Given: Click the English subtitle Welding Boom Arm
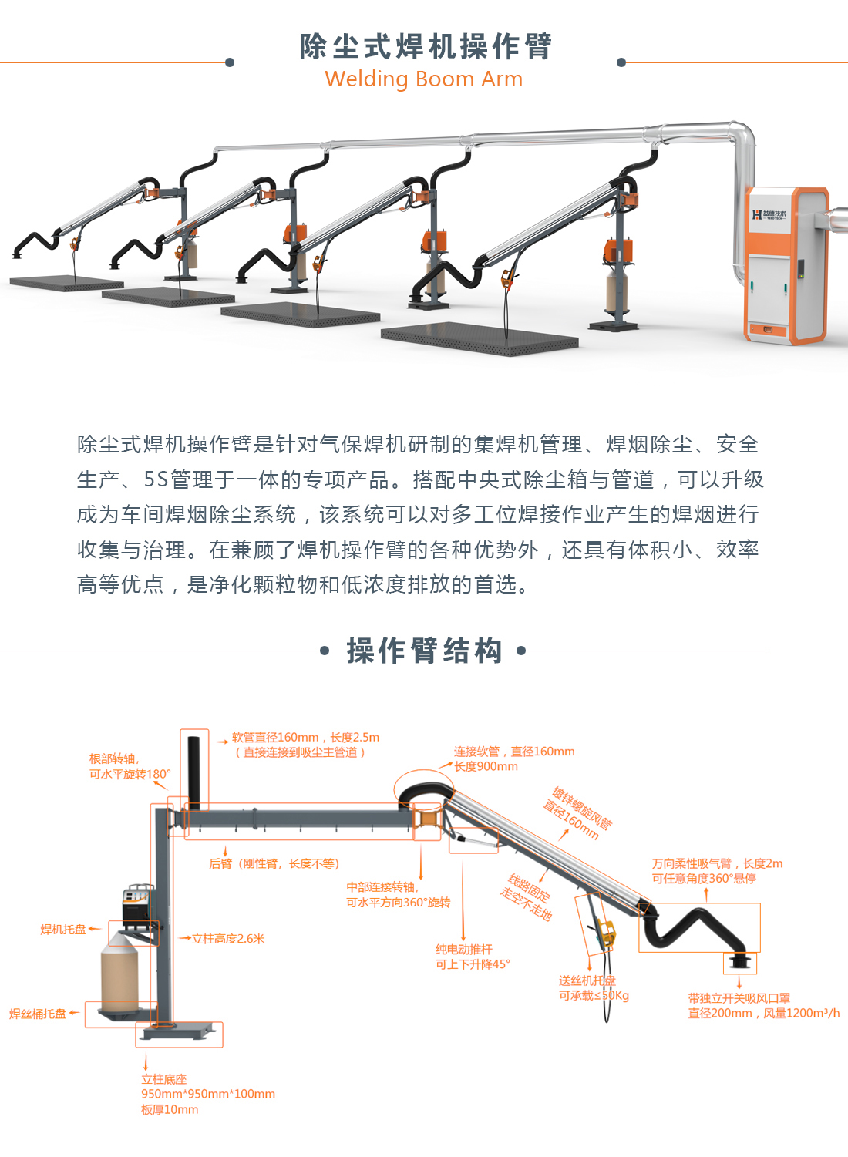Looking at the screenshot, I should click(x=423, y=79).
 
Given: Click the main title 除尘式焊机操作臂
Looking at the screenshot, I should click(x=426, y=46).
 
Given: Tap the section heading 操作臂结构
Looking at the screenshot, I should click(x=424, y=651).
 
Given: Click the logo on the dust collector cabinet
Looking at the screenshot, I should click(x=769, y=214).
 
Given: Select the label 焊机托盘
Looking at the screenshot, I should click(x=63, y=930).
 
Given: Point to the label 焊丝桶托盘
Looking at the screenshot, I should click(x=38, y=1014).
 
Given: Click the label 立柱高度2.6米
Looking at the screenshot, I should click(x=228, y=939).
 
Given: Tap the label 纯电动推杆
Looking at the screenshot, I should click(x=464, y=950).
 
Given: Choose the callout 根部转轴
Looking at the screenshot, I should click(x=114, y=758).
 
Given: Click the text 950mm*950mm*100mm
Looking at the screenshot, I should click(x=208, y=1094).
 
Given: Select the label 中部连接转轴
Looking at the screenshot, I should click(x=382, y=887).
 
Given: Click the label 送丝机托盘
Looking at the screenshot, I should click(x=587, y=980).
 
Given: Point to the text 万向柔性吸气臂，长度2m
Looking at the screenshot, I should click(x=717, y=864).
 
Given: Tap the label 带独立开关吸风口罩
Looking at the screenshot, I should click(x=739, y=998).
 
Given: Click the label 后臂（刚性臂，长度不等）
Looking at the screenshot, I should click(x=274, y=864).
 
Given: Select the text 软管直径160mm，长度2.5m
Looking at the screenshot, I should click(x=305, y=738).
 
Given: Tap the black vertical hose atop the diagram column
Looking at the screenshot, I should click(x=193, y=771).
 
